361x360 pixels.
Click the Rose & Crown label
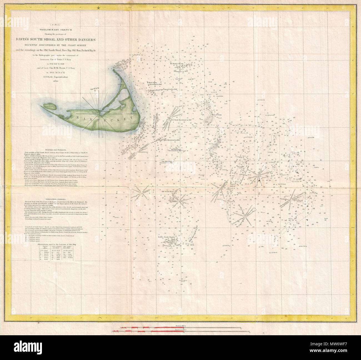pos(214,115)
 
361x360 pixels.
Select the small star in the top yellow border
pos(99,9)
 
